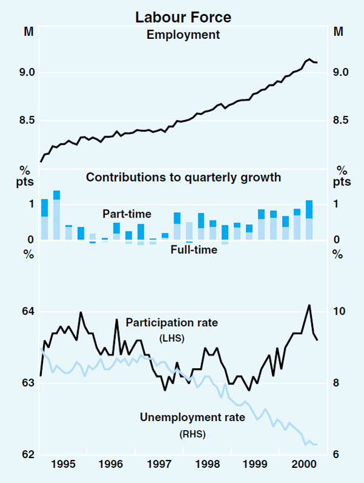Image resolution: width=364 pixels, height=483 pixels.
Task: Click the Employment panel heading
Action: [x=183, y=34]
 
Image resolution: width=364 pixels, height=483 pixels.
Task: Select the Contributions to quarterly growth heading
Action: [x=183, y=177]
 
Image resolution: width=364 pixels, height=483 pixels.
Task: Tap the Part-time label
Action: [x=127, y=214]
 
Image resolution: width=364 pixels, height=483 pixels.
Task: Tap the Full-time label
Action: [x=194, y=250]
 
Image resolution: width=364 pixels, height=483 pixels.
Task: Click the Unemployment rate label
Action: [x=192, y=417]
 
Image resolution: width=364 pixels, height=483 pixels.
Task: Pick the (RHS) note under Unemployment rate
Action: [x=192, y=434]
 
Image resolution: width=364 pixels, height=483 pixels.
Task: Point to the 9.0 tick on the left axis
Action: [x=28, y=72]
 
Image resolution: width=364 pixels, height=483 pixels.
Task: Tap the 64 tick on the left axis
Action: [x=28, y=311]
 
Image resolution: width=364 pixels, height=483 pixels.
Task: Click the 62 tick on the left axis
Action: [x=28, y=454]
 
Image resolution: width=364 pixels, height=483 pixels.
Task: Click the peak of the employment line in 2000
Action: [x=309, y=59]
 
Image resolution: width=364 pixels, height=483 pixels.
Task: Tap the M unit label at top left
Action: [x=28, y=32]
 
